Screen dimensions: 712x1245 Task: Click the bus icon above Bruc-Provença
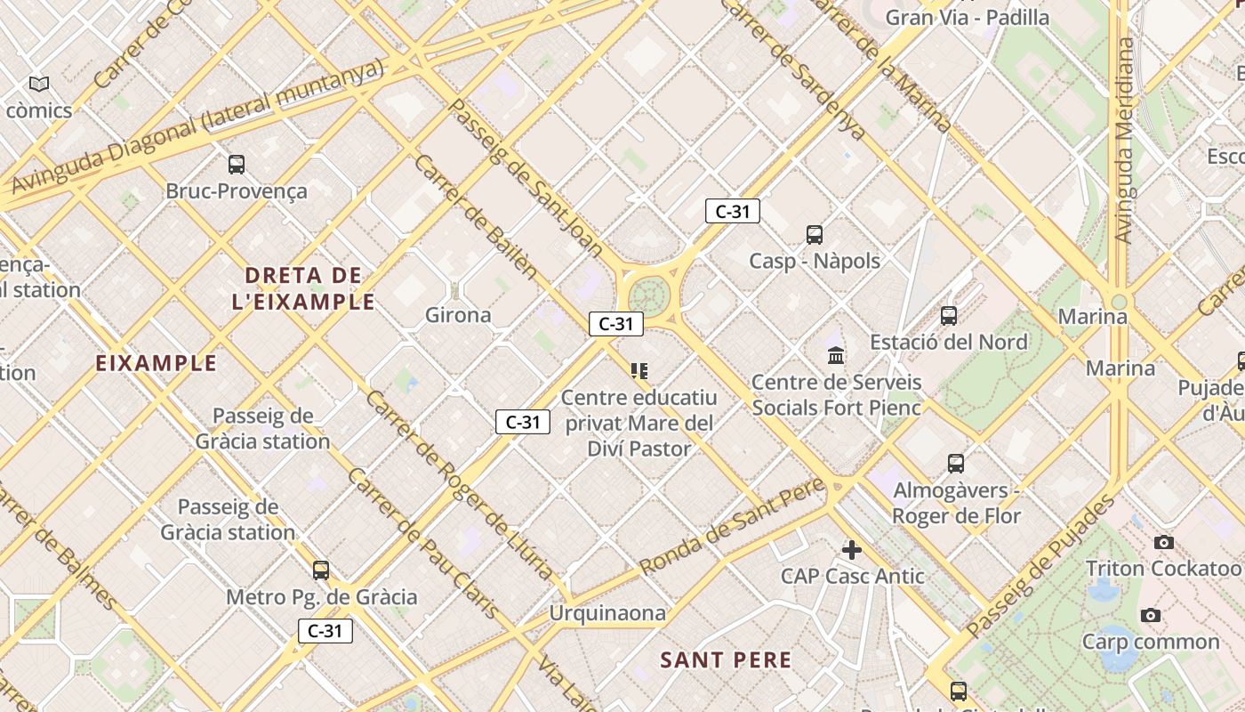tap(237, 164)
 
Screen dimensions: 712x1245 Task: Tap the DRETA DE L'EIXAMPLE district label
tap(303, 288)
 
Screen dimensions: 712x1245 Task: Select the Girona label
tap(458, 315)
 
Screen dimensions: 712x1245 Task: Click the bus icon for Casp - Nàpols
tap(815, 235)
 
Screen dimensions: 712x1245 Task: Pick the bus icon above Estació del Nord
tap(949, 316)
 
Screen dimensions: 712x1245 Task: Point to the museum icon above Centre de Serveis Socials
tap(836, 356)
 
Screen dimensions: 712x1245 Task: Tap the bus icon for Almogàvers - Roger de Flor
tap(956, 464)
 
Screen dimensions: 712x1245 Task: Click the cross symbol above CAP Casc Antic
tap(852, 550)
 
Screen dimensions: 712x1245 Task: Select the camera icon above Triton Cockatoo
tap(1163, 542)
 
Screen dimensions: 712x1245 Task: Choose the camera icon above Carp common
tap(1151, 615)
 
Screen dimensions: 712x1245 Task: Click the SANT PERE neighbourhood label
tap(726, 660)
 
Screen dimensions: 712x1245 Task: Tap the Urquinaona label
tap(607, 613)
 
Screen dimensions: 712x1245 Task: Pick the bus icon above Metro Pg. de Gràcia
tap(321, 570)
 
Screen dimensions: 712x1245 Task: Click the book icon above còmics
tap(38, 85)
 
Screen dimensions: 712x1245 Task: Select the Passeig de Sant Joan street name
tap(526, 178)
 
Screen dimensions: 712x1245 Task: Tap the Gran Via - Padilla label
tap(968, 17)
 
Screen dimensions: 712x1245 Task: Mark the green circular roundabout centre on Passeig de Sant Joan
tap(648, 295)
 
